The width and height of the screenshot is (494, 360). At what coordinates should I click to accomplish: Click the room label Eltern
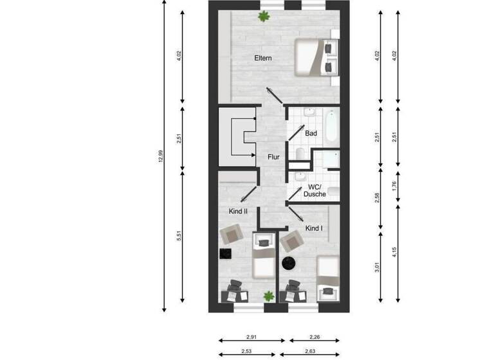pyautogui.click(x=263, y=59)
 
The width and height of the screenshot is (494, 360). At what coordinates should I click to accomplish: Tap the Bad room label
pyautogui.click(x=311, y=134)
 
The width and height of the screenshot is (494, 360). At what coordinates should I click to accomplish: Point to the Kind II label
pyautogui.click(x=238, y=211)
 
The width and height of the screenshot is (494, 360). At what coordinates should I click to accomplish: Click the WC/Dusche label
pyautogui.click(x=315, y=190)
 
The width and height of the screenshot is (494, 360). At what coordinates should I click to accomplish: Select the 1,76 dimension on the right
pyautogui.click(x=395, y=186)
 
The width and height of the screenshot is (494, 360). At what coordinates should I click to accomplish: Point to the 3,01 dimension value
pyautogui.click(x=377, y=265)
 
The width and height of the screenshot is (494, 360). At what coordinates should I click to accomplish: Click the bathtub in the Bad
pyautogui.click(x=331, y=127)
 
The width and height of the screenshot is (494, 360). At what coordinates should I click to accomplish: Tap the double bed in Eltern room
pyautogui.click(x=315, y=57)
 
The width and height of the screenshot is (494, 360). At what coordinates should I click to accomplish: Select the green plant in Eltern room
pyautogui.click(x=263, y=16)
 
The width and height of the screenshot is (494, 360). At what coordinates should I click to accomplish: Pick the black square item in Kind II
pyautogui.click(x=226, y=254)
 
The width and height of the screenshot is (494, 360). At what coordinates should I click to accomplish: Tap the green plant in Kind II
pyautogui.click(x=268, y=296)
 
